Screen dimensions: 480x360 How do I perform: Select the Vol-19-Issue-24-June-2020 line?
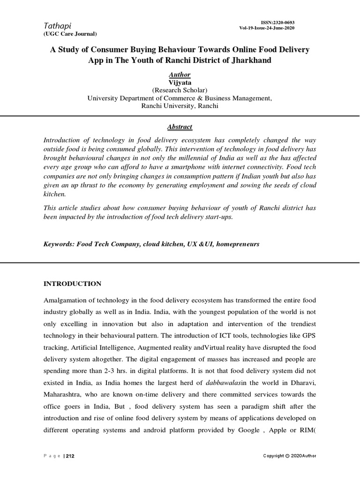(x=267, y=28)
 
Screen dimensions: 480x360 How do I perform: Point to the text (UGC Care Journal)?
(x=70, y=34)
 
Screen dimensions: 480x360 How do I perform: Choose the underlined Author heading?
(x=180, y=75)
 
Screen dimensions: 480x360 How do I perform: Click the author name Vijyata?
(x=180, y=82)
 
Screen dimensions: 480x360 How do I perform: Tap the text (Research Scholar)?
(x=180, y=90)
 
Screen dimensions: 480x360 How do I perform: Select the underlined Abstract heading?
(x=180, y=127)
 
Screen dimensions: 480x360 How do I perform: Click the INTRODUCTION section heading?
(x=72, y=284)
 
